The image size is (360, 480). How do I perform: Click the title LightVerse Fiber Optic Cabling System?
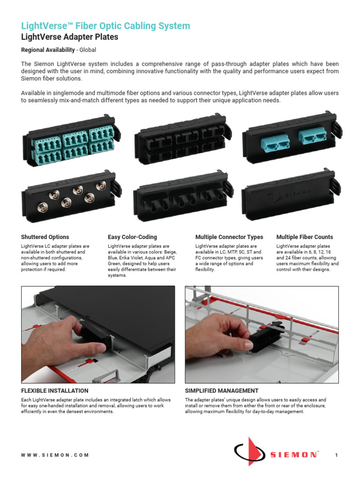click(105, 26)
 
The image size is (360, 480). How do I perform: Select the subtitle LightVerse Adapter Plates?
click(69, 37)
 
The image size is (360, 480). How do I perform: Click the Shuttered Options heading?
click(45, 237)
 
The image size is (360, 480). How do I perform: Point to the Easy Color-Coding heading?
click(132, 237)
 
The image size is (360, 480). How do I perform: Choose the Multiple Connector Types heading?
click(229, 237)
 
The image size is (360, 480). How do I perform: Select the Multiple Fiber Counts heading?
click(305, 237)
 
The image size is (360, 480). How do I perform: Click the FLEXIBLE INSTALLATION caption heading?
click(54, 390)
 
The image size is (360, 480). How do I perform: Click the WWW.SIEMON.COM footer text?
click(55, 455)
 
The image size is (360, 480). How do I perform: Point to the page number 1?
click(337, 455)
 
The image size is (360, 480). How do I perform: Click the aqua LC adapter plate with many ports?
click(70, 143)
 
